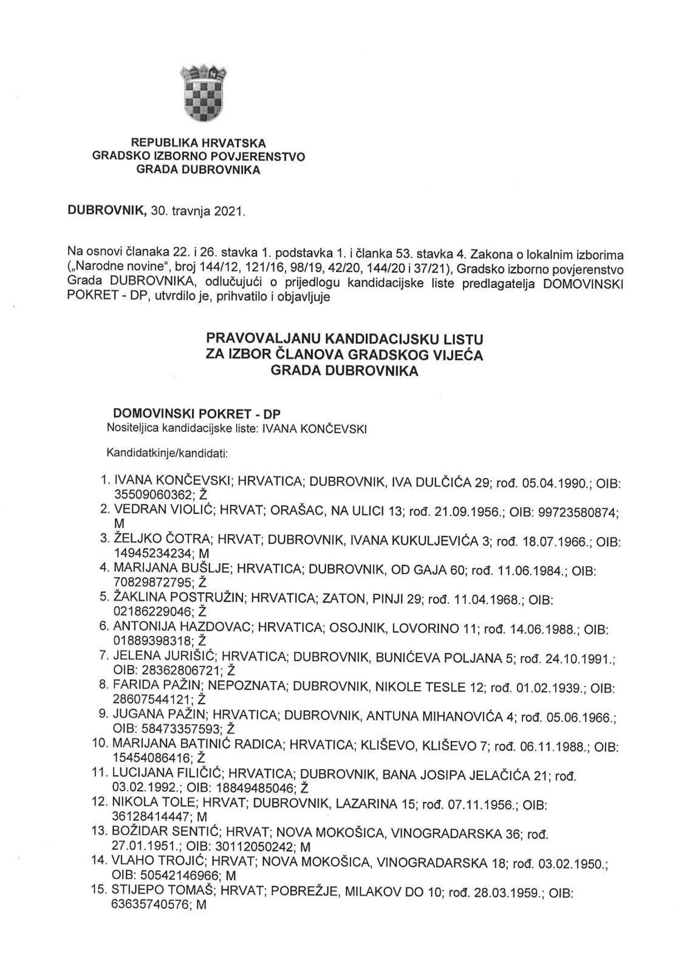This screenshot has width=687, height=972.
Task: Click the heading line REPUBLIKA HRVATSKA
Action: (x=199, y=143)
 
